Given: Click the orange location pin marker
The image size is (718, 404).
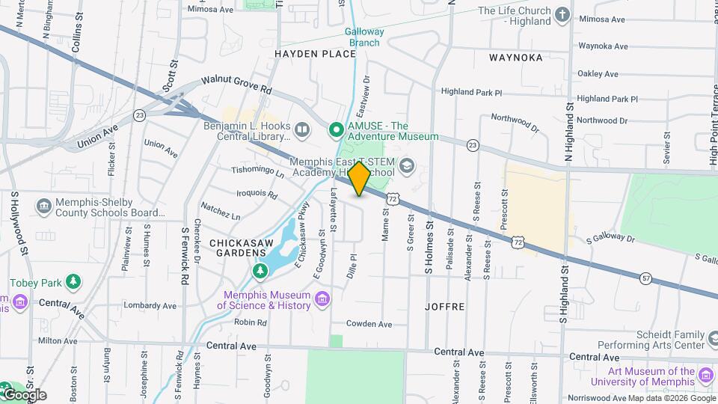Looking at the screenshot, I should (360, 179).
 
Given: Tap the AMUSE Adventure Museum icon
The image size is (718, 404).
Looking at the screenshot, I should (337, 131).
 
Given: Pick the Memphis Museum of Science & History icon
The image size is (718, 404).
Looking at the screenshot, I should (322, 299).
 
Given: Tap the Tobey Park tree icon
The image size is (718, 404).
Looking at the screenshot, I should (73, 282).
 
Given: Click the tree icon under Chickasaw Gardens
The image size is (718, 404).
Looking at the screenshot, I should (260, 270).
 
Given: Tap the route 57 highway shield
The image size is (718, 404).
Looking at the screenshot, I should (645, 278).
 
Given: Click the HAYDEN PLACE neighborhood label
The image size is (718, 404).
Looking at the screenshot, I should (315, 54).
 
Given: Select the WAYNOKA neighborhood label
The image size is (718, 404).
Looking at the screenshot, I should (515, 57).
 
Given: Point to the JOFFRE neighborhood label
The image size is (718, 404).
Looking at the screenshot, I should (445, 307).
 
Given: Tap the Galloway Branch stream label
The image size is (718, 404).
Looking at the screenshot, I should (365, 37).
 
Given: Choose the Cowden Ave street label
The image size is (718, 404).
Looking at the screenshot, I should (369, 324).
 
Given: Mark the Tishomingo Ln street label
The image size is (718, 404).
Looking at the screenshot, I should (258, 173).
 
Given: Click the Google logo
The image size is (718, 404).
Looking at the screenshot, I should (24, 394).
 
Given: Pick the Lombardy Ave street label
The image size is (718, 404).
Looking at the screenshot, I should (150, 305).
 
